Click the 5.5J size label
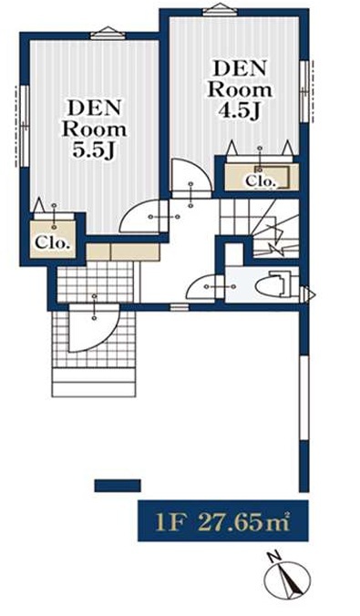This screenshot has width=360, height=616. pyautogui.click(x=94, y=149)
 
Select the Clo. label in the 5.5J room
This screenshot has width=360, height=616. pyautogui.click(x=53, y=242)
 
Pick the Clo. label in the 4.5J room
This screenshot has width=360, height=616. pyautogui.click(x=260, y=181)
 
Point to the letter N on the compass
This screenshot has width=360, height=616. pyautogui.click(x=274, y=557)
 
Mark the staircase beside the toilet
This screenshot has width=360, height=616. pyautogui.click(x=260, y=229)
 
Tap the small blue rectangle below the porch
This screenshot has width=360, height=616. pyautogui.click(x=118, y=486)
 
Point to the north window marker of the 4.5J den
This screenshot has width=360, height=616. pyautogui.click(x=220, y=8)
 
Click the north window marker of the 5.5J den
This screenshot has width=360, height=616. pyautogui.click(x=108, y=33)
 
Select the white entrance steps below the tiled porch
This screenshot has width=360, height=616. pyautogui.click(x=94, y=382)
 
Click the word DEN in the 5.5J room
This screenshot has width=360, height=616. pyautogui.click(x=94, y=108)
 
